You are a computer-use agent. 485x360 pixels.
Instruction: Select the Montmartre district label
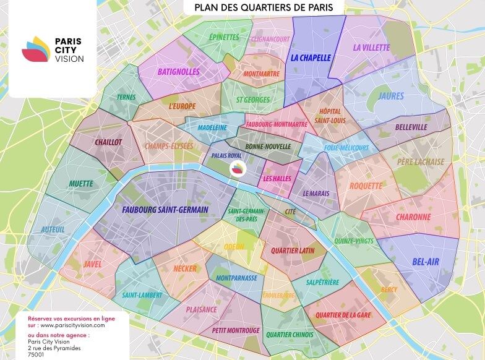click(x=262, y=74)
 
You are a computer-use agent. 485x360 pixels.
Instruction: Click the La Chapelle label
click(x=311, y=58)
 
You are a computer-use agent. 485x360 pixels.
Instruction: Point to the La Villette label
click(x=371, y=47)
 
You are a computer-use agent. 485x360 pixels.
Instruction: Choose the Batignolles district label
click(x=178, y=72)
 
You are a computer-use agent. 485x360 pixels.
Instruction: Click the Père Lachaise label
click(x=421, y=162)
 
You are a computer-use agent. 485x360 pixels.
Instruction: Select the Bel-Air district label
click(x=425, y=262)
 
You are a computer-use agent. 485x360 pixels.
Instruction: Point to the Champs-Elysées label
click(x=169, y=146)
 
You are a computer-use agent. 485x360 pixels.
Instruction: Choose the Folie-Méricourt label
click(x=346, y=148)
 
